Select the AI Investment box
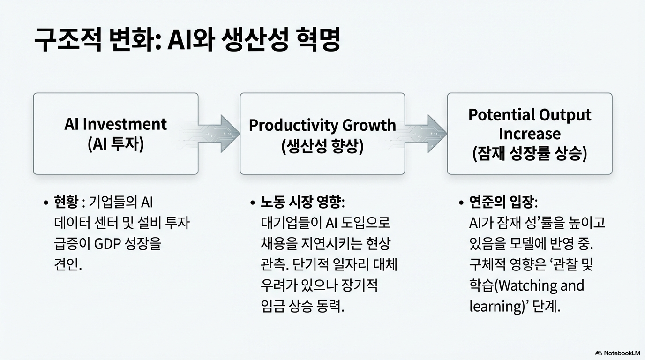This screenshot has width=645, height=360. click(115, 134)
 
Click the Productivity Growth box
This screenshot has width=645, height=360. click(322, 134)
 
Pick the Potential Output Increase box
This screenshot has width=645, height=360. click(529, 134)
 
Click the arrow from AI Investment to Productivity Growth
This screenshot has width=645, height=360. click(219, 133)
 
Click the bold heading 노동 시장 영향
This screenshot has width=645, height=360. click(302, 202)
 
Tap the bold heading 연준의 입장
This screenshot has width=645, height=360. click(503, 202)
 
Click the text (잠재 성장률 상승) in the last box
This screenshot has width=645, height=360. click(529, 154)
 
